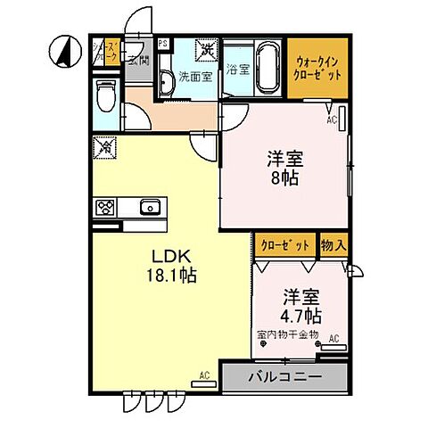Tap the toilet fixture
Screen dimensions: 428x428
[103, 93]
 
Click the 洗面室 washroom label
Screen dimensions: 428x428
[194, 77]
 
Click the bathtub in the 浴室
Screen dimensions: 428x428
[266, 69]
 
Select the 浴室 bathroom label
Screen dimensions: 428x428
[236, 68]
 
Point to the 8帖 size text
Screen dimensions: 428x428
[286, 177]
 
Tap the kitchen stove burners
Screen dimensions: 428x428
[105, 209]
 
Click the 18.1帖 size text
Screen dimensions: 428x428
[171, 276]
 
